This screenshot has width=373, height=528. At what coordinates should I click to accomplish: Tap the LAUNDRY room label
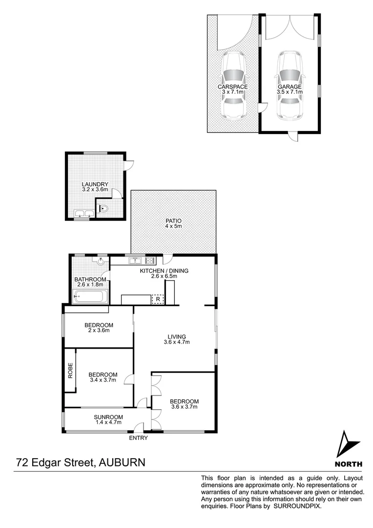click(95, 184)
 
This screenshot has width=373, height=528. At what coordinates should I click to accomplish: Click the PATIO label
click(173, 220)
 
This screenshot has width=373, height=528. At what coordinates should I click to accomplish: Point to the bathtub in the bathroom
click(90, 296)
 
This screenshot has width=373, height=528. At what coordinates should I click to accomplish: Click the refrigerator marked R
click(158, 299)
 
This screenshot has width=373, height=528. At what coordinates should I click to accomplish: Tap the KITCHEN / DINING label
click(164, 270)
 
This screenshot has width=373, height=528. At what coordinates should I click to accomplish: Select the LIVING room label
click(177, 336)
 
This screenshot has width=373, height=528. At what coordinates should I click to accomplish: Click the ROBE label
click(70, 370)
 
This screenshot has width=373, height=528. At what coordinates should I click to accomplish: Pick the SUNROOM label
click(108, 417)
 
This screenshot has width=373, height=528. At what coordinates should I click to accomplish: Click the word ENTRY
click(138, 438)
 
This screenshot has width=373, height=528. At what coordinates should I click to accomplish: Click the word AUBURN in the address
click(122, 462)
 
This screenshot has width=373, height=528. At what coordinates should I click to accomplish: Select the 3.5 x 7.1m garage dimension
click(290, 92)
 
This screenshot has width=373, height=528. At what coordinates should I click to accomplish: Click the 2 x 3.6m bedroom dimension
click(99, 331)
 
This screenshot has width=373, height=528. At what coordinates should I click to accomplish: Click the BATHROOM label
click(90, 280)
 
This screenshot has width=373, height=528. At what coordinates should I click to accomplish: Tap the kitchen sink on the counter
click(135, 260)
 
